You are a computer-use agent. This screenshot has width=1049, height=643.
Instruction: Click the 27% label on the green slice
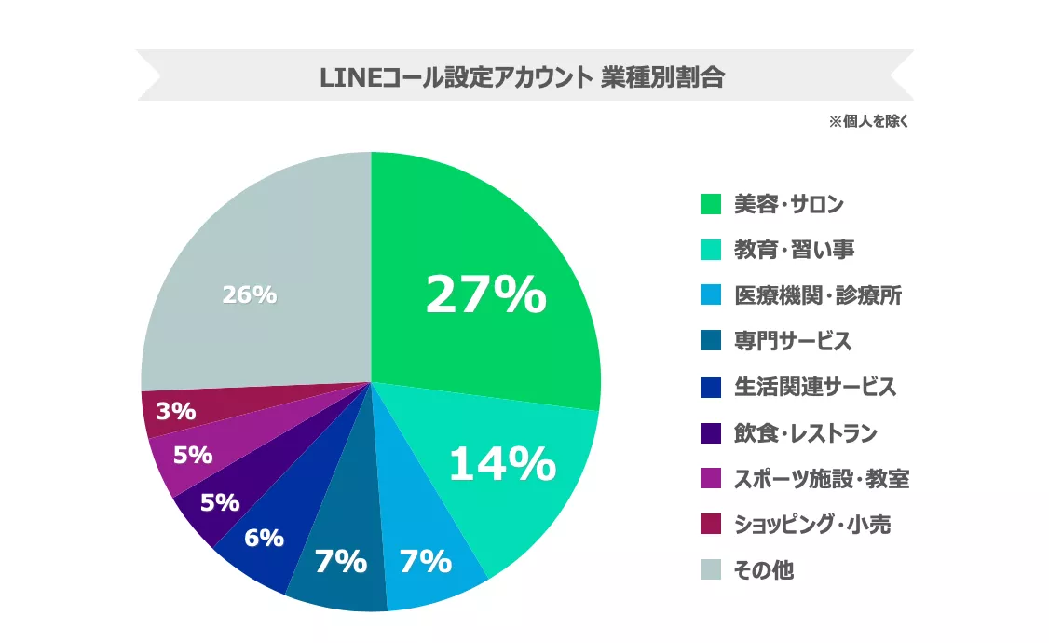click(x=485, y=295)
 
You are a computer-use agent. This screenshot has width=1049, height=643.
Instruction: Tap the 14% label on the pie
click(x=502, y=464)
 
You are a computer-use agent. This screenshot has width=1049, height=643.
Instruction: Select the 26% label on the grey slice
click(x=249, y=294)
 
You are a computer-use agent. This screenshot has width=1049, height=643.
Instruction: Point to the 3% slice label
click(x=175, y=411)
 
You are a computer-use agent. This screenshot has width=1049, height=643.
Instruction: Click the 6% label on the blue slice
click(x=264, y=538)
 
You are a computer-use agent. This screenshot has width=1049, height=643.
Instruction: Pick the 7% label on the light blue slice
click(x=425, y=562)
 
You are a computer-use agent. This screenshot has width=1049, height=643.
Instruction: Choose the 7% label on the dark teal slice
click(x=340, y=562)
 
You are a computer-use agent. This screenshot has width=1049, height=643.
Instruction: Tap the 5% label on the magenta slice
click(x=193, y=456)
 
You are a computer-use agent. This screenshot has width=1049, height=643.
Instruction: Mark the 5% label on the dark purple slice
click(x=220, y=502)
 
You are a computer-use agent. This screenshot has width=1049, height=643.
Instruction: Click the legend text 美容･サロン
click(x=789, y=204)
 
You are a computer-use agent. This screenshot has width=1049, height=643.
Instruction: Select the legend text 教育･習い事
click(x=794, y=250)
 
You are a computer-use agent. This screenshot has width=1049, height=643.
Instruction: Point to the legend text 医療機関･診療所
click(x=817, y=296)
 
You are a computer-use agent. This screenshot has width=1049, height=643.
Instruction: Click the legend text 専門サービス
click(x=792, y=341)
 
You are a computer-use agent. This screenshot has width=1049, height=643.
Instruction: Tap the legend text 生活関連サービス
click(x=814, y=387)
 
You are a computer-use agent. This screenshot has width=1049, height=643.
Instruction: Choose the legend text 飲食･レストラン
click(x=805, y=432)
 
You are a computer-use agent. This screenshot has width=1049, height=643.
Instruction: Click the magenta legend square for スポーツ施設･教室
click(x=711, y=479)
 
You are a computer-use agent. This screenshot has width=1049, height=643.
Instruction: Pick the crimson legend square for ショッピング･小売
click(x=711, y=525)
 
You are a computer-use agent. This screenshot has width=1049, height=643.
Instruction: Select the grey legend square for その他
click(x=711, y=570)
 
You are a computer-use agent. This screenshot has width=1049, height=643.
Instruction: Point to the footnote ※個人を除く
click(x=868, y=121)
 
